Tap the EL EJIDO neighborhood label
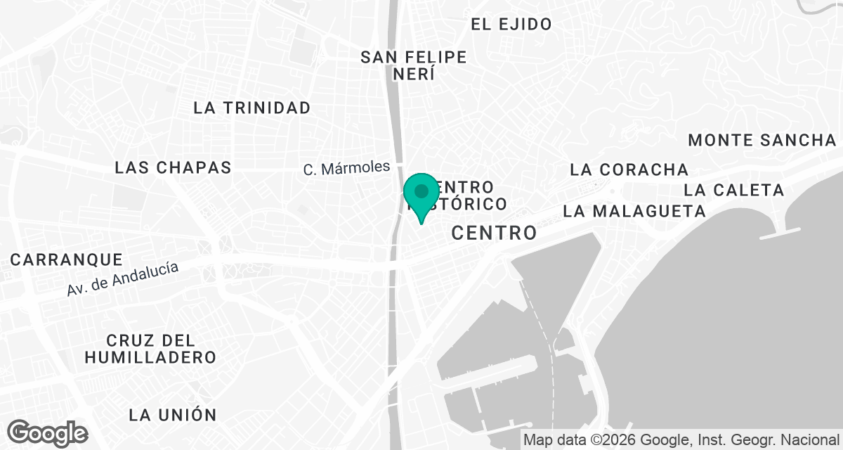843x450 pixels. click(x=511, y=25)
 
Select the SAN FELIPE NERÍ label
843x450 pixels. click(x=414, y=65)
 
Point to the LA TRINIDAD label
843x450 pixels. click(x=252, y=108)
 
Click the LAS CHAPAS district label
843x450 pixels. click(x=173, y=167)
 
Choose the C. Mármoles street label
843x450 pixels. click(x=346, y=168)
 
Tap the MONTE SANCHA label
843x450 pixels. click(x=763, y=139)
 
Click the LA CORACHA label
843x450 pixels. click(x=629, y=169)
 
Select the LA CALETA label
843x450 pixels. click(x=733, y=190)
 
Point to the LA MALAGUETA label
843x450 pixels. click(x=634, y=211)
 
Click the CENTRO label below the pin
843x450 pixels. click(x=494, y=233)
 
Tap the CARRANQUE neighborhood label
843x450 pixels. click(x=67, y=259)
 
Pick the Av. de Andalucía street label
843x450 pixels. click(x=123, y=278)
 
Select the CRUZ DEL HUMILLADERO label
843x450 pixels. click(x=150, y=349)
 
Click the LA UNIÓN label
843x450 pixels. click(x=173, y=414)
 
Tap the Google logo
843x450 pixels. click(x=48, y=432)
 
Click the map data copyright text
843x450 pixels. click(x=681, y=440)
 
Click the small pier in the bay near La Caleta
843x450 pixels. click(x=780, y=233)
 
